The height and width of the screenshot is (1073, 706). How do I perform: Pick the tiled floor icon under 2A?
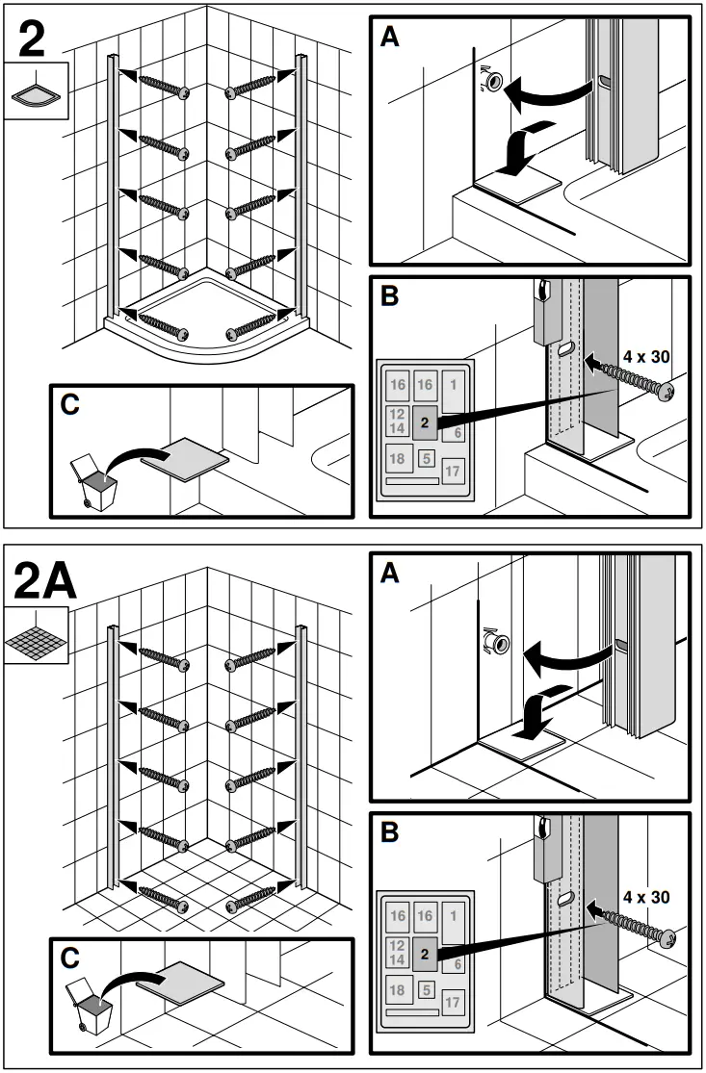(x=36, y=637)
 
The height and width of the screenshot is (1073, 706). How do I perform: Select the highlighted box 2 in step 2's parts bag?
(x=425, y=422)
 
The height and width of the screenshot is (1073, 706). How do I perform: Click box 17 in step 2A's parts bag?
(x=454, y=1001)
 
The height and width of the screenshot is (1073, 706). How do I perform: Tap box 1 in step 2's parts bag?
(x=453, y=384)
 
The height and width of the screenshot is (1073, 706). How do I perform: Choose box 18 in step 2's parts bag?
(x=397, y=457)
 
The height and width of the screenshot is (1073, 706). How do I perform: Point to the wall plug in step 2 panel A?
(x=492, y=84)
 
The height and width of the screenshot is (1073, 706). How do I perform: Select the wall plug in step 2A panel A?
(x=496, y=639)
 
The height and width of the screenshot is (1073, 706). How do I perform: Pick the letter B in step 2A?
(x=390, y=831)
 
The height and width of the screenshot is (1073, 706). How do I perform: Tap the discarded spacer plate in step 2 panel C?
(x=185, y=454)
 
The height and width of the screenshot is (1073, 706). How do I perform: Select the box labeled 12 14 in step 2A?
(x=396, y=953)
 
